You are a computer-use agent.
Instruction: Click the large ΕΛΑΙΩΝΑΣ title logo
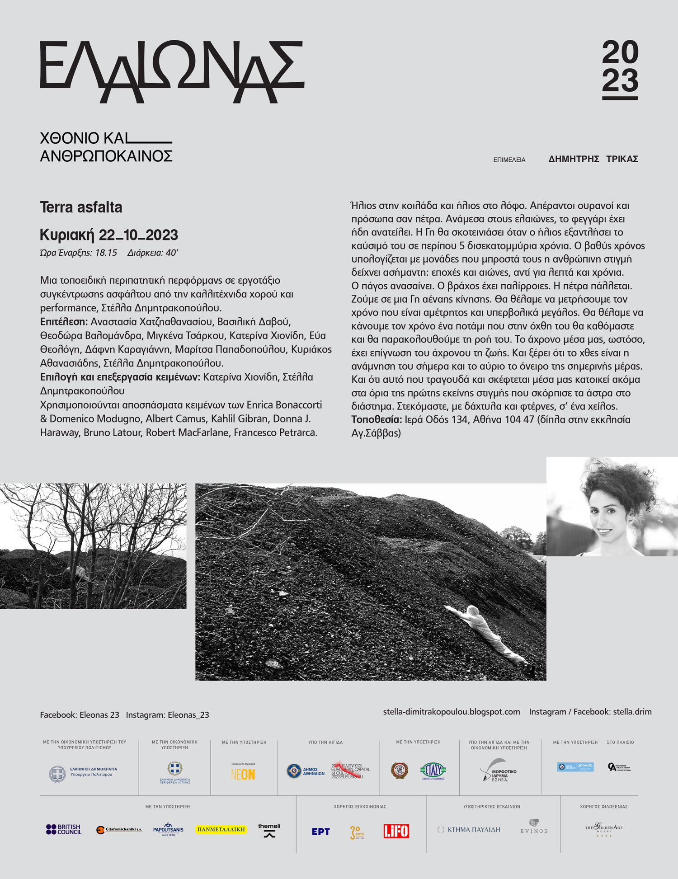172,71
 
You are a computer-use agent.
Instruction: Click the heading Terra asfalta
81,207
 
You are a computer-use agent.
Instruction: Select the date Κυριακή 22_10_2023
109,235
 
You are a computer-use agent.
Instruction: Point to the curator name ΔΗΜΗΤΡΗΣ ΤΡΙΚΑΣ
593,159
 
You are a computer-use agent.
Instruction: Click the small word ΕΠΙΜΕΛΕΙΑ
509,160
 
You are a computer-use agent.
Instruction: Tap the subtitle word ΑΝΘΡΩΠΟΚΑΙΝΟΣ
106,156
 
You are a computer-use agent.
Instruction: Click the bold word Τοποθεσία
377,419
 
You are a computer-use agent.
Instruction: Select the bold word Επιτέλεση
64,322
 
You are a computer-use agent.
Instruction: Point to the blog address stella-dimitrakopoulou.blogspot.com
452,712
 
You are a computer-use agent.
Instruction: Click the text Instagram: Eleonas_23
167,715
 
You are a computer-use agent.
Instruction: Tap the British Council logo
64,829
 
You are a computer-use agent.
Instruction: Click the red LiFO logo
396,831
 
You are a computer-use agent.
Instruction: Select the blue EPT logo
320,832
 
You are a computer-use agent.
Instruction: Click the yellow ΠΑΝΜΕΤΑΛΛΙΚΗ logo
221,829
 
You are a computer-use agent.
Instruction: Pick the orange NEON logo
243,774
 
